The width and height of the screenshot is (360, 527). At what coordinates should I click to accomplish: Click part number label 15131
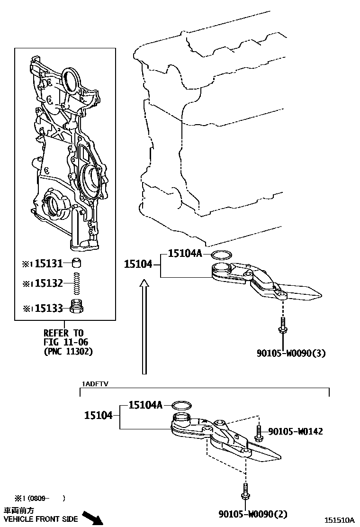[49, 263]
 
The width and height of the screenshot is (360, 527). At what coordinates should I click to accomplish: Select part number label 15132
[49, 283]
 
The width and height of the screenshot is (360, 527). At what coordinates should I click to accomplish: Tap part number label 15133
[49, 309]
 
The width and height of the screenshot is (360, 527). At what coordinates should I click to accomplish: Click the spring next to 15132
[76, 284]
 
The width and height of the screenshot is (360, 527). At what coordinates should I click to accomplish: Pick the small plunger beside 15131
[76, 262]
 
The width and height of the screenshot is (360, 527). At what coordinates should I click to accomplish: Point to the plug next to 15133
[76, 307]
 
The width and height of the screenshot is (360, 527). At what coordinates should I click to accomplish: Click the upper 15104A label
[185, 254]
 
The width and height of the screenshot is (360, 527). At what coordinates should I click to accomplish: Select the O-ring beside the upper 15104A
[221, 254]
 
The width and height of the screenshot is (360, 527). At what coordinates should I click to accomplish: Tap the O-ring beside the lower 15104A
[181, 405]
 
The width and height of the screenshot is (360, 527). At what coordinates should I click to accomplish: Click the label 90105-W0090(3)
[292, 353]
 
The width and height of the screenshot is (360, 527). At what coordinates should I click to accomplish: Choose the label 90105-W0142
[296, 431]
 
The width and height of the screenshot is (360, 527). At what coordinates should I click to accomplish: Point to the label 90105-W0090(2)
[253, 514]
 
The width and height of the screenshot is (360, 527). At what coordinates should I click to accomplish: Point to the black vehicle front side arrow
[92, 517]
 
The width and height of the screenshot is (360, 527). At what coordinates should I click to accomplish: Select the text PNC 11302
[68, 351]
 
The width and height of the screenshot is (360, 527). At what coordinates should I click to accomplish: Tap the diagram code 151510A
[340, 520]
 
